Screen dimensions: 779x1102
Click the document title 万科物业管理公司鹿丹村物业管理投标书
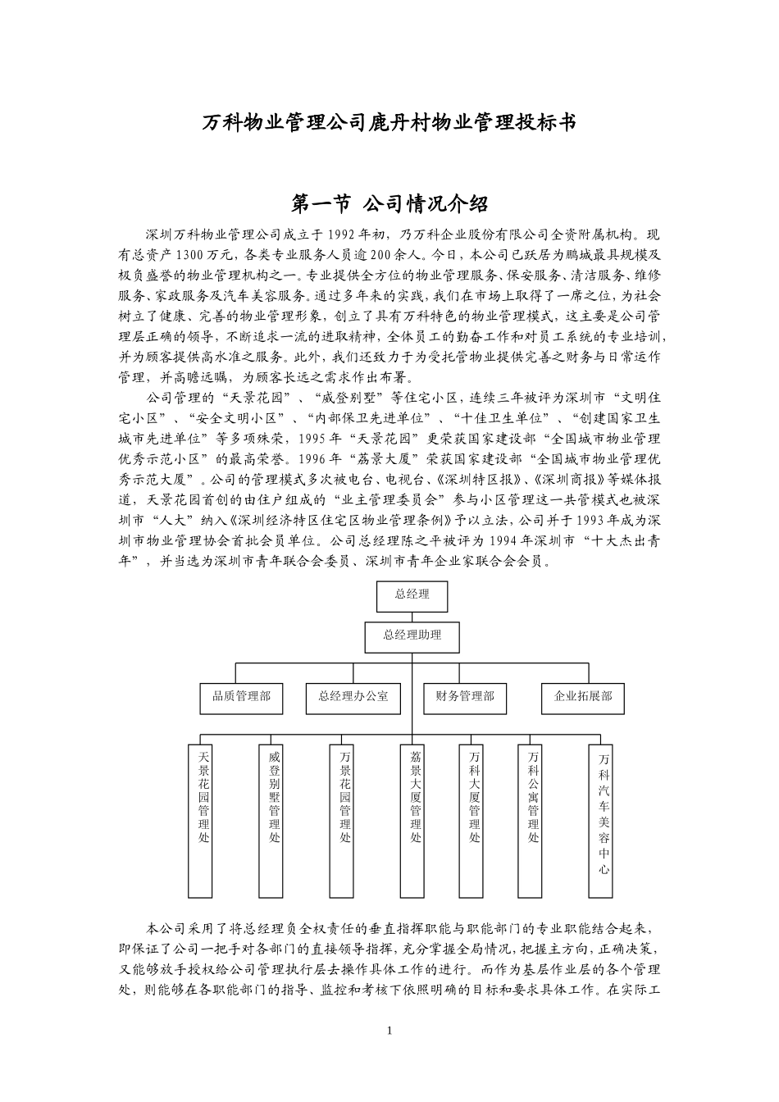389,123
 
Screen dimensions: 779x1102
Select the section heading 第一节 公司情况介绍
389,202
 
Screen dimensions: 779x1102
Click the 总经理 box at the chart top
412,595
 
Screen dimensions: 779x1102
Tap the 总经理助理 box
412,636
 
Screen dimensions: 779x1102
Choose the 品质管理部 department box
241,697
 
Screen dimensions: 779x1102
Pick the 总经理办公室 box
353,697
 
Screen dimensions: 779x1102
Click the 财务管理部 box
465,697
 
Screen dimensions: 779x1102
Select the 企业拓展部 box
583,697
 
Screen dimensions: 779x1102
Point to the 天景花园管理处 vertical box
204,820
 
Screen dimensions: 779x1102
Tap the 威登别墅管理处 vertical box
275,820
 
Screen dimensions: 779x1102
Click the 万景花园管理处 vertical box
345,820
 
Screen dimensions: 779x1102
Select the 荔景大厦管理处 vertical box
416,820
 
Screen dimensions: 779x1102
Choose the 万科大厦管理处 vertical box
474,820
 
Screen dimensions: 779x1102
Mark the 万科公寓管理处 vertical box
534,820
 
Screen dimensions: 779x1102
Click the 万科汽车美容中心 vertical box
604,820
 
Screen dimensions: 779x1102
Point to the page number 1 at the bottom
389,1031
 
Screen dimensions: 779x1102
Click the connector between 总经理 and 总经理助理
412,617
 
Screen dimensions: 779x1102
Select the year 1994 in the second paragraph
505,541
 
